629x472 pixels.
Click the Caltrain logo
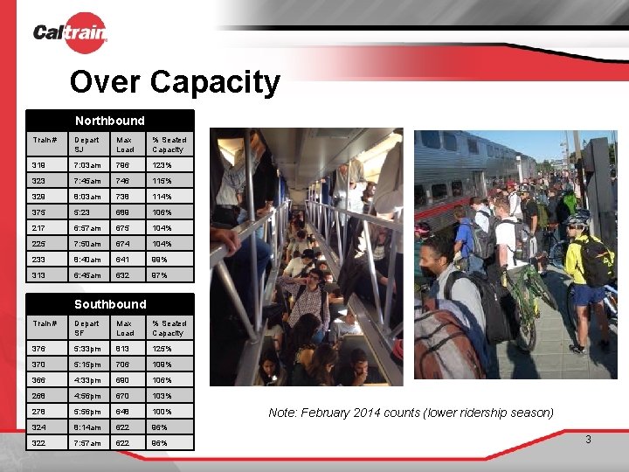pos(70,33)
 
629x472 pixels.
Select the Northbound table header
pos(110,120)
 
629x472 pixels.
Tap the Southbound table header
pos(110,303)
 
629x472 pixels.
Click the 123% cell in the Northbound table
pos(163,164)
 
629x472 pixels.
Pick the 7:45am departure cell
pos(88,180)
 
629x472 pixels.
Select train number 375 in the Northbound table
pos(40,212)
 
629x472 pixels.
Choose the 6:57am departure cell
pos(88,227)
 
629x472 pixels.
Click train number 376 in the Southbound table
pos(40,348)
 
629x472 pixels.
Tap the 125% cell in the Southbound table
pos(163,348)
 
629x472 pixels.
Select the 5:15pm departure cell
pos(88,364)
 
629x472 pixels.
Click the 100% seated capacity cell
pos(163,411)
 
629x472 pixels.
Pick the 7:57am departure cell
pos(88,442)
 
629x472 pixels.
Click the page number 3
pos(588,440)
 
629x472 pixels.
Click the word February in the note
pos(328,412)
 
